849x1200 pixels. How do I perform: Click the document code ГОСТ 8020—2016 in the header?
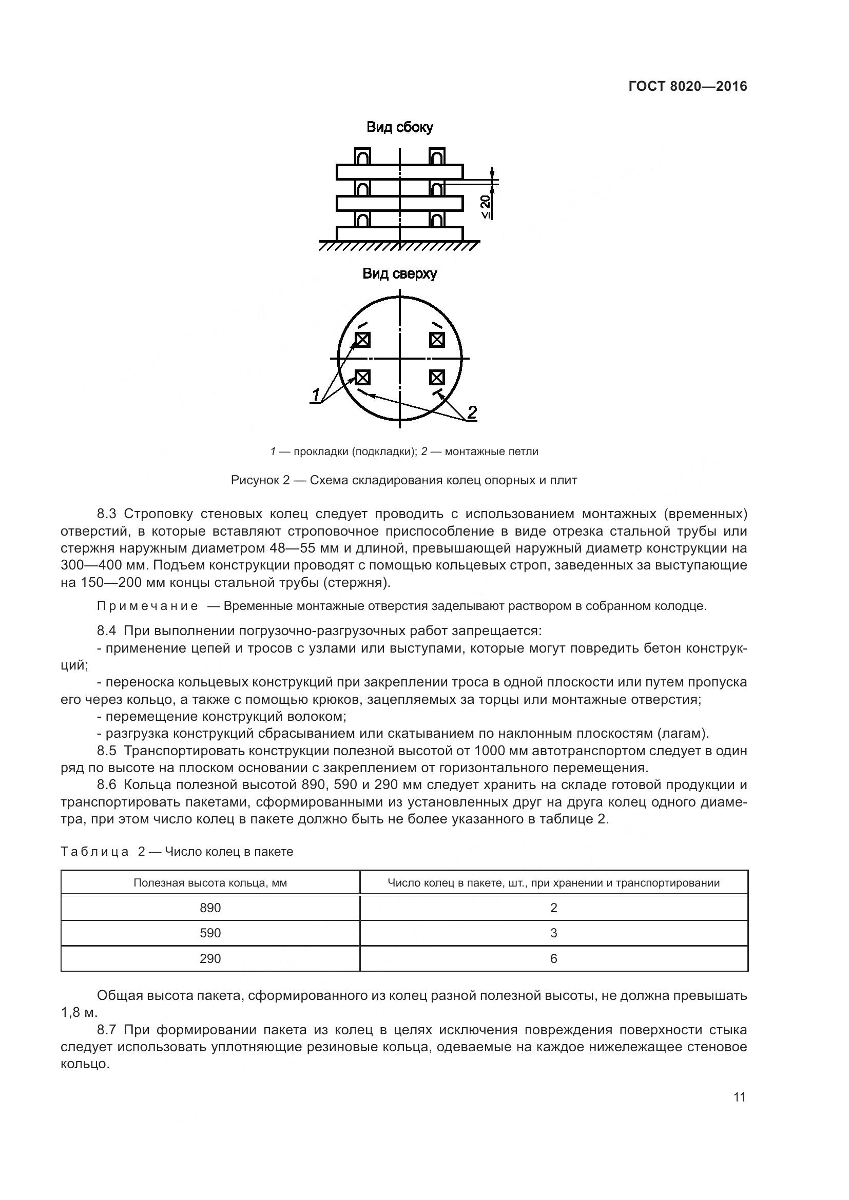coord(687,87)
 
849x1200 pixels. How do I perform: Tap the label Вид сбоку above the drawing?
coord(399,127)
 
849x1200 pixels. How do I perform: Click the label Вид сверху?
coord(399,274)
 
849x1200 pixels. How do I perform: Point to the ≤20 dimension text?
coord(485,206)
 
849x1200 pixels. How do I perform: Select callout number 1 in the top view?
coord(315,395)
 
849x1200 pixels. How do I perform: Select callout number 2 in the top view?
coord(472,412)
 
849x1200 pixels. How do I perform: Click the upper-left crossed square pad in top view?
coord(362,340)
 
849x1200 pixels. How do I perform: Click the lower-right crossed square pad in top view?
coord(436,377)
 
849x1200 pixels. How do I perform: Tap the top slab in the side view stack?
coord(399,171)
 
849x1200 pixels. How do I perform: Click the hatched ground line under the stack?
coord(399,245)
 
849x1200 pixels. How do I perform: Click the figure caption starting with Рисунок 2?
coord(403,480)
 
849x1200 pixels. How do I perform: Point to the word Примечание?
coord(147,606)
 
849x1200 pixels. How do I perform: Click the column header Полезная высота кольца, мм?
coord(210,883)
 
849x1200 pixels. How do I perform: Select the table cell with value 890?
coord(210,908)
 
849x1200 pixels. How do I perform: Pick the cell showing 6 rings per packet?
coord(554,958)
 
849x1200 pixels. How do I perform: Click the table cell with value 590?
coord(210,933)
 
